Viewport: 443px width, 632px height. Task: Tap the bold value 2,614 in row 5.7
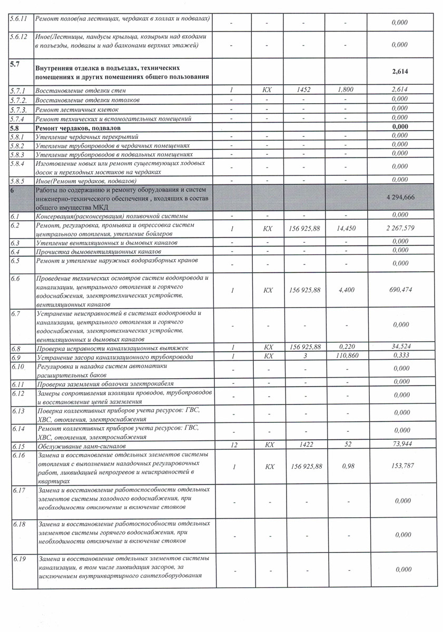[x=400, y=72]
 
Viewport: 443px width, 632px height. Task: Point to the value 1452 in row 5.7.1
[x=304, y=91]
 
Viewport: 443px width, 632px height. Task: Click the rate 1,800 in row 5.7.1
[x=346, y=91]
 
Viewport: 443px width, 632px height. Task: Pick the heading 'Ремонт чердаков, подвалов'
[x=78, y=127]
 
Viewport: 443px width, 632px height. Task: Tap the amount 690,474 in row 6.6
[x=400, y=290]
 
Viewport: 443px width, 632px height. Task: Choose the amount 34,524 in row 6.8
[x=400, y=348]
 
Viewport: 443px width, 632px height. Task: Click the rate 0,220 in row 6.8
[x=346, y=348]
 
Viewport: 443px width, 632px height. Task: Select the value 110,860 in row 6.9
[x=346, y=357]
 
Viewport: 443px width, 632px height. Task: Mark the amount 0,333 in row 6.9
[x=400, y=357]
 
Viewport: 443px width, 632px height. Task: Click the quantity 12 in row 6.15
[x=232, y=446]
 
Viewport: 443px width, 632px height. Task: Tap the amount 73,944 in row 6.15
[x=400, y=446]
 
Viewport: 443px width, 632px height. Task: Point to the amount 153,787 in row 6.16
[x=400, y=467]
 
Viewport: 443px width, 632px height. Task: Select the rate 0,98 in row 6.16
[x=346, y=467]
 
